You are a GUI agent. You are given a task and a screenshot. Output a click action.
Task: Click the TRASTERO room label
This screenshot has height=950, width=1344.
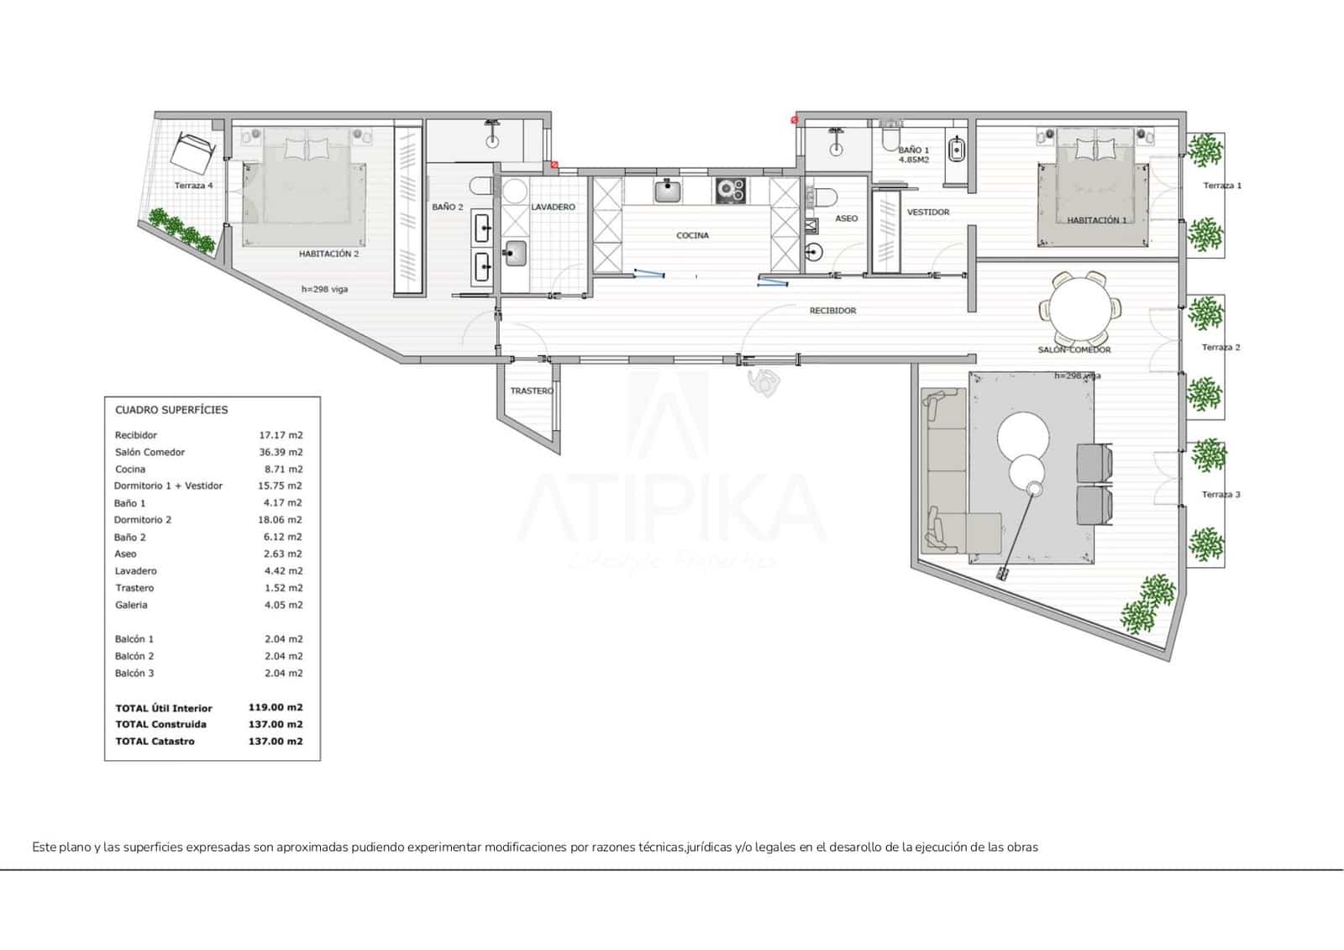532,391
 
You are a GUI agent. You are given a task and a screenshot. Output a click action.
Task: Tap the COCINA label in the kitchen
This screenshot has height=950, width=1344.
692,236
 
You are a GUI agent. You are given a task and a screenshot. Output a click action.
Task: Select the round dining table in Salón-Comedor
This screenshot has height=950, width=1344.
1080,307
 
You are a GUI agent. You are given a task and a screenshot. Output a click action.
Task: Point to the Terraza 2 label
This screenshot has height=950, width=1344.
1221,348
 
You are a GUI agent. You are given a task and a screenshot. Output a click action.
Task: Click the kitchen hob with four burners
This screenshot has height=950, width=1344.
731,191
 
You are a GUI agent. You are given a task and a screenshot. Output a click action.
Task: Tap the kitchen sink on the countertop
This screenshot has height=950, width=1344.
669,191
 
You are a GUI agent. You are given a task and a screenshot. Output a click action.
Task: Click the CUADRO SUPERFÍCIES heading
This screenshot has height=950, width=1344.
171,410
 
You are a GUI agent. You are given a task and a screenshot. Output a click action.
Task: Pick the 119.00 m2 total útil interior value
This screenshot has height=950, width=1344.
275,708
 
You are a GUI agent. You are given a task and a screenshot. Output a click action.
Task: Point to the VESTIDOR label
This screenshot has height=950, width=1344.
928,213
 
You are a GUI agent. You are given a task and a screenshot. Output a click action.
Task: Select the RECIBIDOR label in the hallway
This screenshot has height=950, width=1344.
832,311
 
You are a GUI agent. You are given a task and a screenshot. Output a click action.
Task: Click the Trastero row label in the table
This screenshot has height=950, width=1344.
134,588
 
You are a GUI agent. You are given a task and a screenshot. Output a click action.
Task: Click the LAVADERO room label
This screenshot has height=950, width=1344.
553,207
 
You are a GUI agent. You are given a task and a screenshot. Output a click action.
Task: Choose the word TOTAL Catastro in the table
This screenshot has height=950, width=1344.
155,741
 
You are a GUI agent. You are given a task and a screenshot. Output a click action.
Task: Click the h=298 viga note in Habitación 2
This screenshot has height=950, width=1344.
324,290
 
